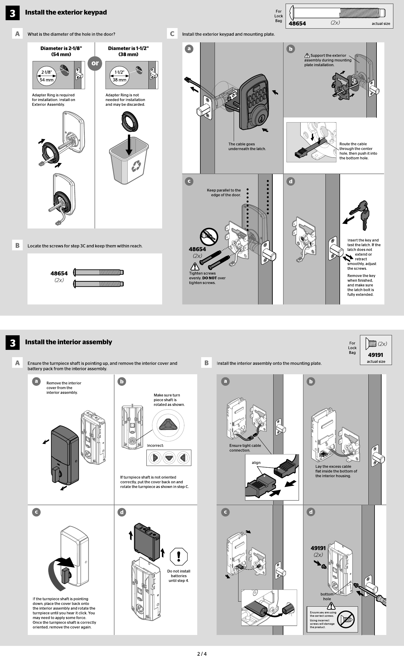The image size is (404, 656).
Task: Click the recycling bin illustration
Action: [129, 161]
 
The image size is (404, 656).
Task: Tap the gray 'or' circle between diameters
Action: [95, 63]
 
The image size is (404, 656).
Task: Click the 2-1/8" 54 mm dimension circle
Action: [47, 76]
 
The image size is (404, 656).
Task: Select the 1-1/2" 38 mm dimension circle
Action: [120, 76]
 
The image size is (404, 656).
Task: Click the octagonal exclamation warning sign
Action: [179, 556]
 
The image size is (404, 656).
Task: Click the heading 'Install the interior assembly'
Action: [68, 342]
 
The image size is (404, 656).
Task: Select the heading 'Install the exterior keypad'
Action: [66, 12]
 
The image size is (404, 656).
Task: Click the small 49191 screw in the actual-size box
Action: [371, 344]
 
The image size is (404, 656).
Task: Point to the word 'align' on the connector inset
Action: [256, 463]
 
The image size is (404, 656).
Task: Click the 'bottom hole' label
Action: [327, 596]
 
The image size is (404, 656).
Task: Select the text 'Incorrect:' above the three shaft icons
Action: [155, 445]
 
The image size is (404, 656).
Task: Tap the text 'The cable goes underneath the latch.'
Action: [247, 146]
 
